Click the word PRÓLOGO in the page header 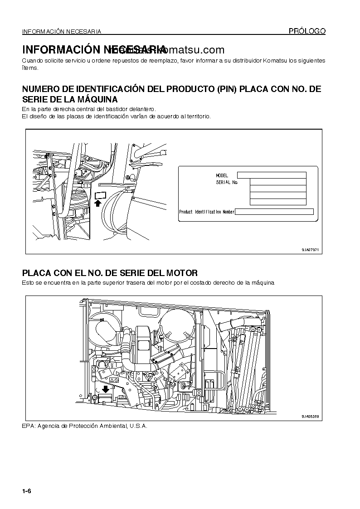click(307, 31)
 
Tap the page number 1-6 click(25, 491)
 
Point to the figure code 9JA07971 click(310, 250)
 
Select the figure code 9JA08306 click(310, 416)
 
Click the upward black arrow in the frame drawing click(97, 204)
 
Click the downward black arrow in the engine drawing click(106, 389)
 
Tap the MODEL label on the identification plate click(222, 175)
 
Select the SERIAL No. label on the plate click(227, 182)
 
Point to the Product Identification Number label click(207, 212)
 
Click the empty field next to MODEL click(272, 175)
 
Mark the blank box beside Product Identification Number click(274, 212)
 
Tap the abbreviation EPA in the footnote click(28, 426)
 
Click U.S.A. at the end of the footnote click(138, 426)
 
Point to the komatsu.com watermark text click(195, 50)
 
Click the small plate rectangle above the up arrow click(100, 195)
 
